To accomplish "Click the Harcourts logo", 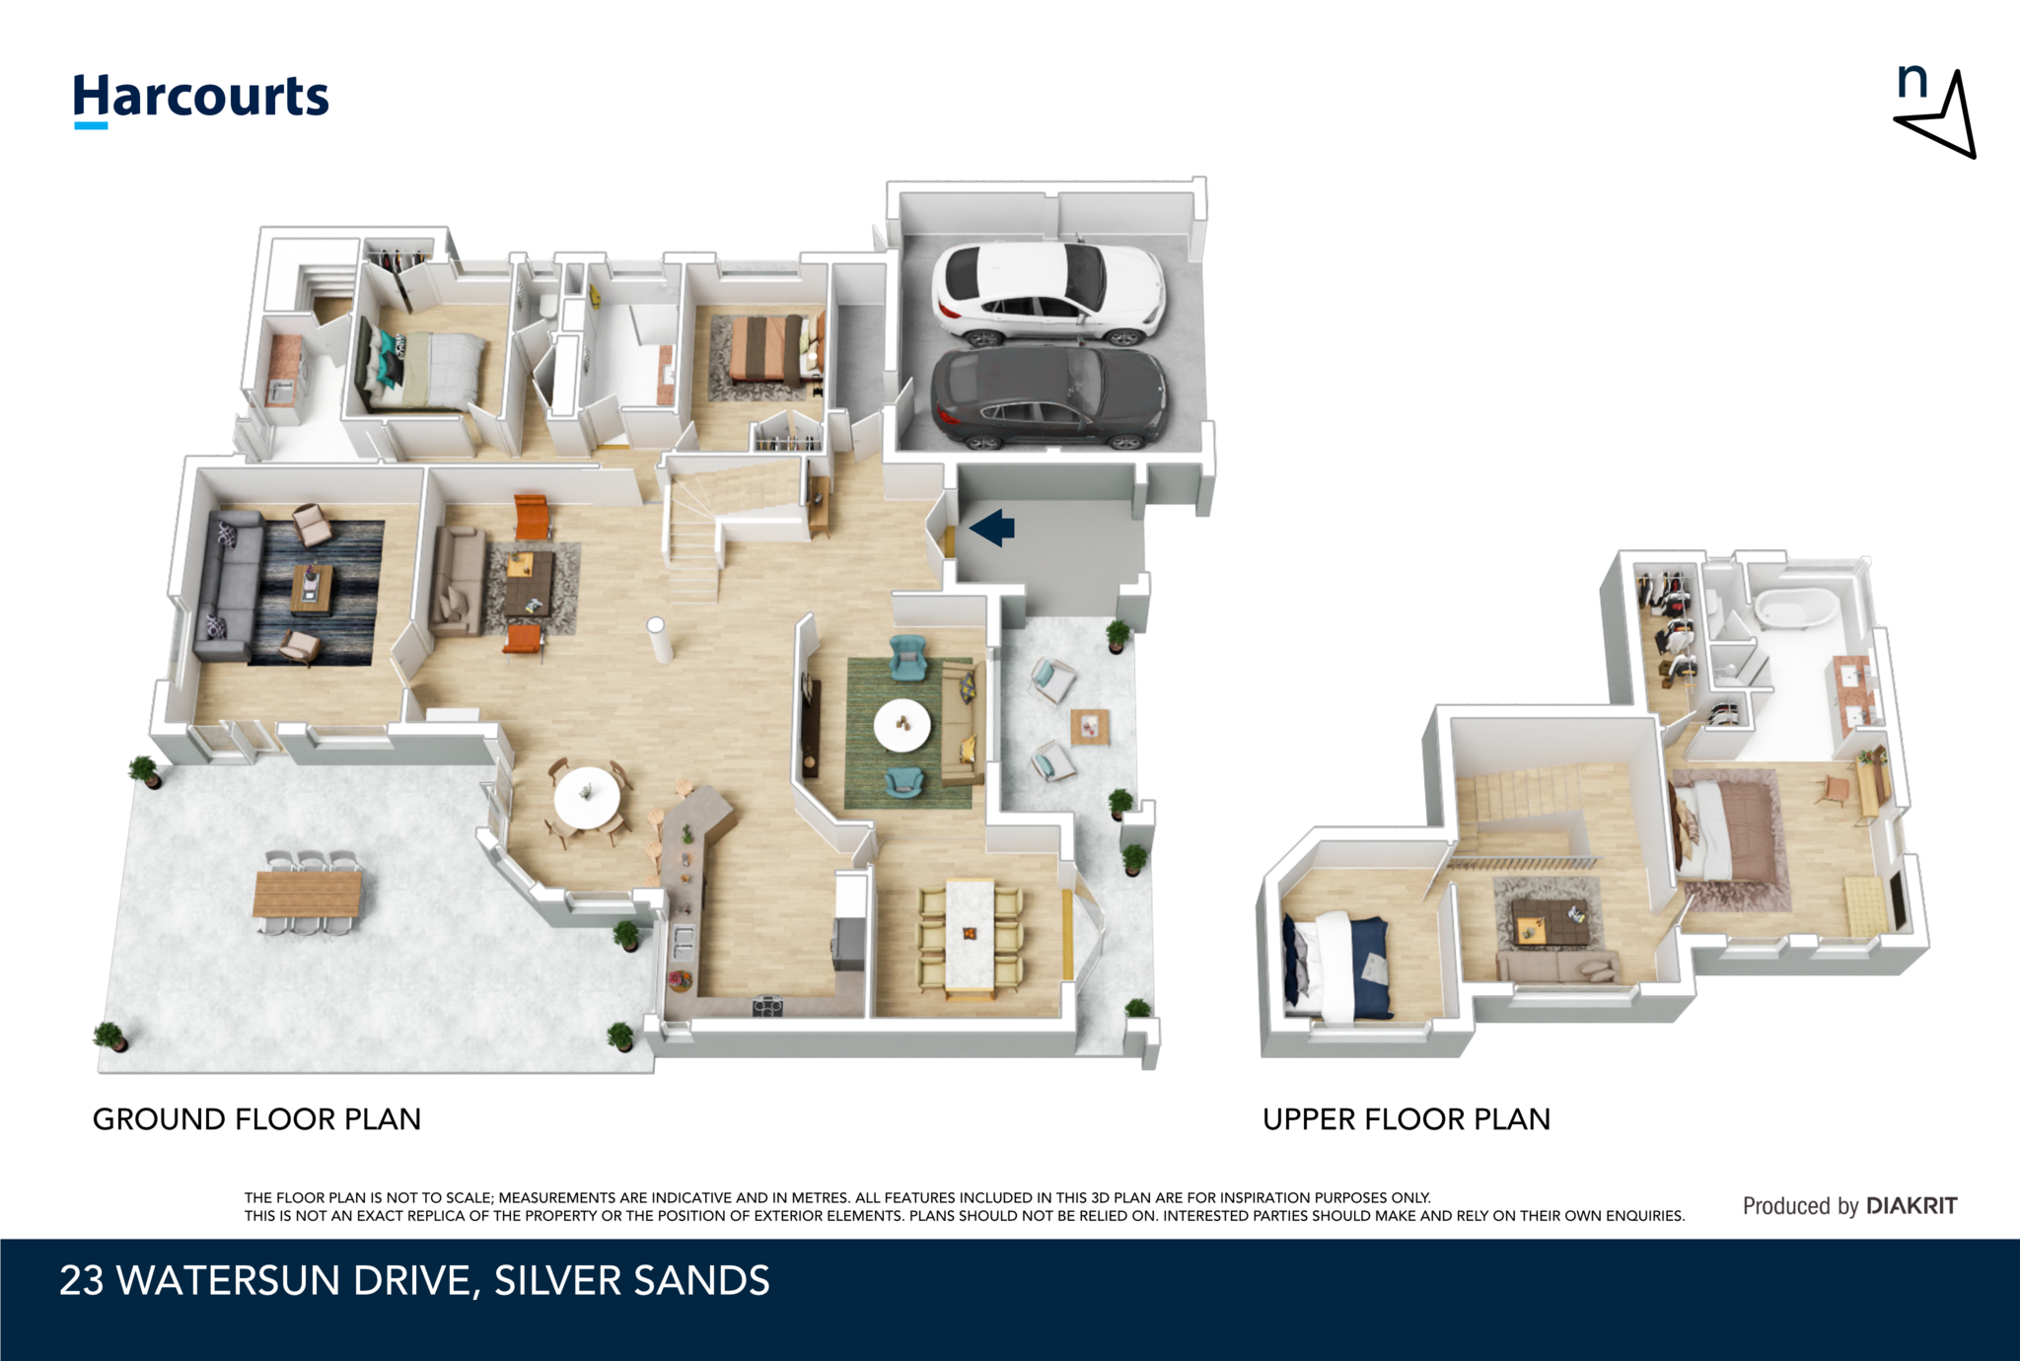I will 201,99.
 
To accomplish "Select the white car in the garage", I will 1048,292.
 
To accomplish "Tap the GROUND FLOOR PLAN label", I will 256,1119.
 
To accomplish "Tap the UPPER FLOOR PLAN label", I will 1407,1119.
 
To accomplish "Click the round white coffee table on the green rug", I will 902,725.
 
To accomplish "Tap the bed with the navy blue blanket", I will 1343,967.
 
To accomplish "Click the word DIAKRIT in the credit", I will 1912,1205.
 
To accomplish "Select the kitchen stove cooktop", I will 767,1006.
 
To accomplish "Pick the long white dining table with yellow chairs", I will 970,933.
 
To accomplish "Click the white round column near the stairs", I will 658,639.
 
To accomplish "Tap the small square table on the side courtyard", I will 1089,727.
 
